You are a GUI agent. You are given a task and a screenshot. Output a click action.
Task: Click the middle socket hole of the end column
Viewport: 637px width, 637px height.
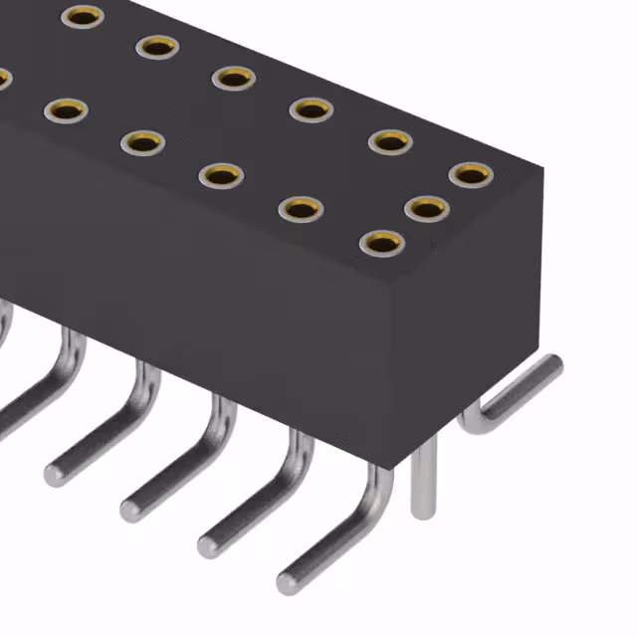pos(425,208)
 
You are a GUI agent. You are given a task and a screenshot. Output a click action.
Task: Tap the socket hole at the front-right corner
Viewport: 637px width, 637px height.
pos(380,242)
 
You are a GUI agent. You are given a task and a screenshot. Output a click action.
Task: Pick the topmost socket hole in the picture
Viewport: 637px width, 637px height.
pos(82,15)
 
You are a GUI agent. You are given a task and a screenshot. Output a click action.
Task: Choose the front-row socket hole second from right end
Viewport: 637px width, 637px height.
pos(300,208)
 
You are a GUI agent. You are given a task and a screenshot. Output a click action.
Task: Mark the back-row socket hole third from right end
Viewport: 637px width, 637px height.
pos(311,108)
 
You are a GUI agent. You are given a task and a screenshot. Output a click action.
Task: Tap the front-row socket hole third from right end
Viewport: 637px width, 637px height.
pos(221,175)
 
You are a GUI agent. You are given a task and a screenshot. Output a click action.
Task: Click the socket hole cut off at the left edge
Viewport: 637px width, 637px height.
pos(3,78)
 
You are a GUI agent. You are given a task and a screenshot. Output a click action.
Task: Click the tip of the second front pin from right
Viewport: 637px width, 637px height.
pos(208,544)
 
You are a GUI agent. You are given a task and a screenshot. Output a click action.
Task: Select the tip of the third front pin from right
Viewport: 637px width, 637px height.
pos(130,509)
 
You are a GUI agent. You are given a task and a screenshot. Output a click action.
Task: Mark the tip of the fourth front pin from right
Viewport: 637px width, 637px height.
pos(54,473)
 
